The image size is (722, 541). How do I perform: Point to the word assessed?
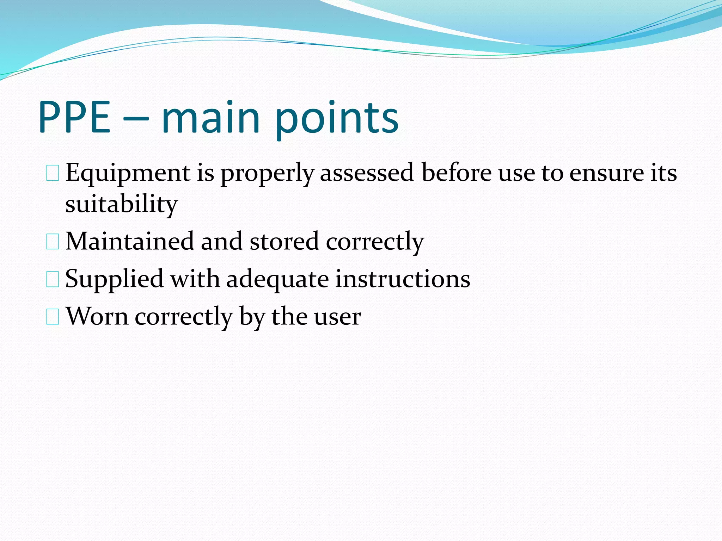(x=367, y=173)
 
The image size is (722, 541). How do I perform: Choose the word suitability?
(x=122, y=204)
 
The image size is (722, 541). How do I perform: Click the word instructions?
(x=403, y=279)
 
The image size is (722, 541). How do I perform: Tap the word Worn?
(x=97, y=316)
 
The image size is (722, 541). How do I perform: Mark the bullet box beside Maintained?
(x=53, y=242)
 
